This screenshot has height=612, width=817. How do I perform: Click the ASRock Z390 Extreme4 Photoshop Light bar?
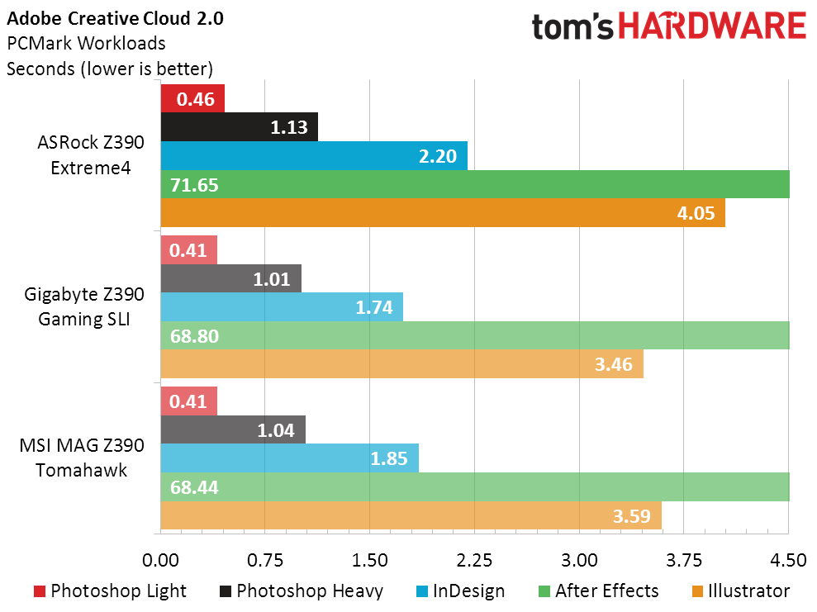click(x=192, y=100)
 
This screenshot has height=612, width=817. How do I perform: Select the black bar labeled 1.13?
click(x=239, y=127)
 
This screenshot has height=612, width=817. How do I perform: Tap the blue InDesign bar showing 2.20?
click(x=314, y=156)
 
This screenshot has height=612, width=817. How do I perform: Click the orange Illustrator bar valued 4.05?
click(x=442, y=212)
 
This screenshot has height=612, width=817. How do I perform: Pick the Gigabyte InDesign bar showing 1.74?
click(x=282, y=307)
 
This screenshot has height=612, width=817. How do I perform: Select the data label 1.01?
click(x=272, y=279)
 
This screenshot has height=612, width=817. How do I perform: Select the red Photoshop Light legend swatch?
click(x=40, y=591)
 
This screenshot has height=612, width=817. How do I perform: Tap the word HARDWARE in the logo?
click(x=712, y=26)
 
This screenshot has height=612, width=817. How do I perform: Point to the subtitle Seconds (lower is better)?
click(x=110, y=68)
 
